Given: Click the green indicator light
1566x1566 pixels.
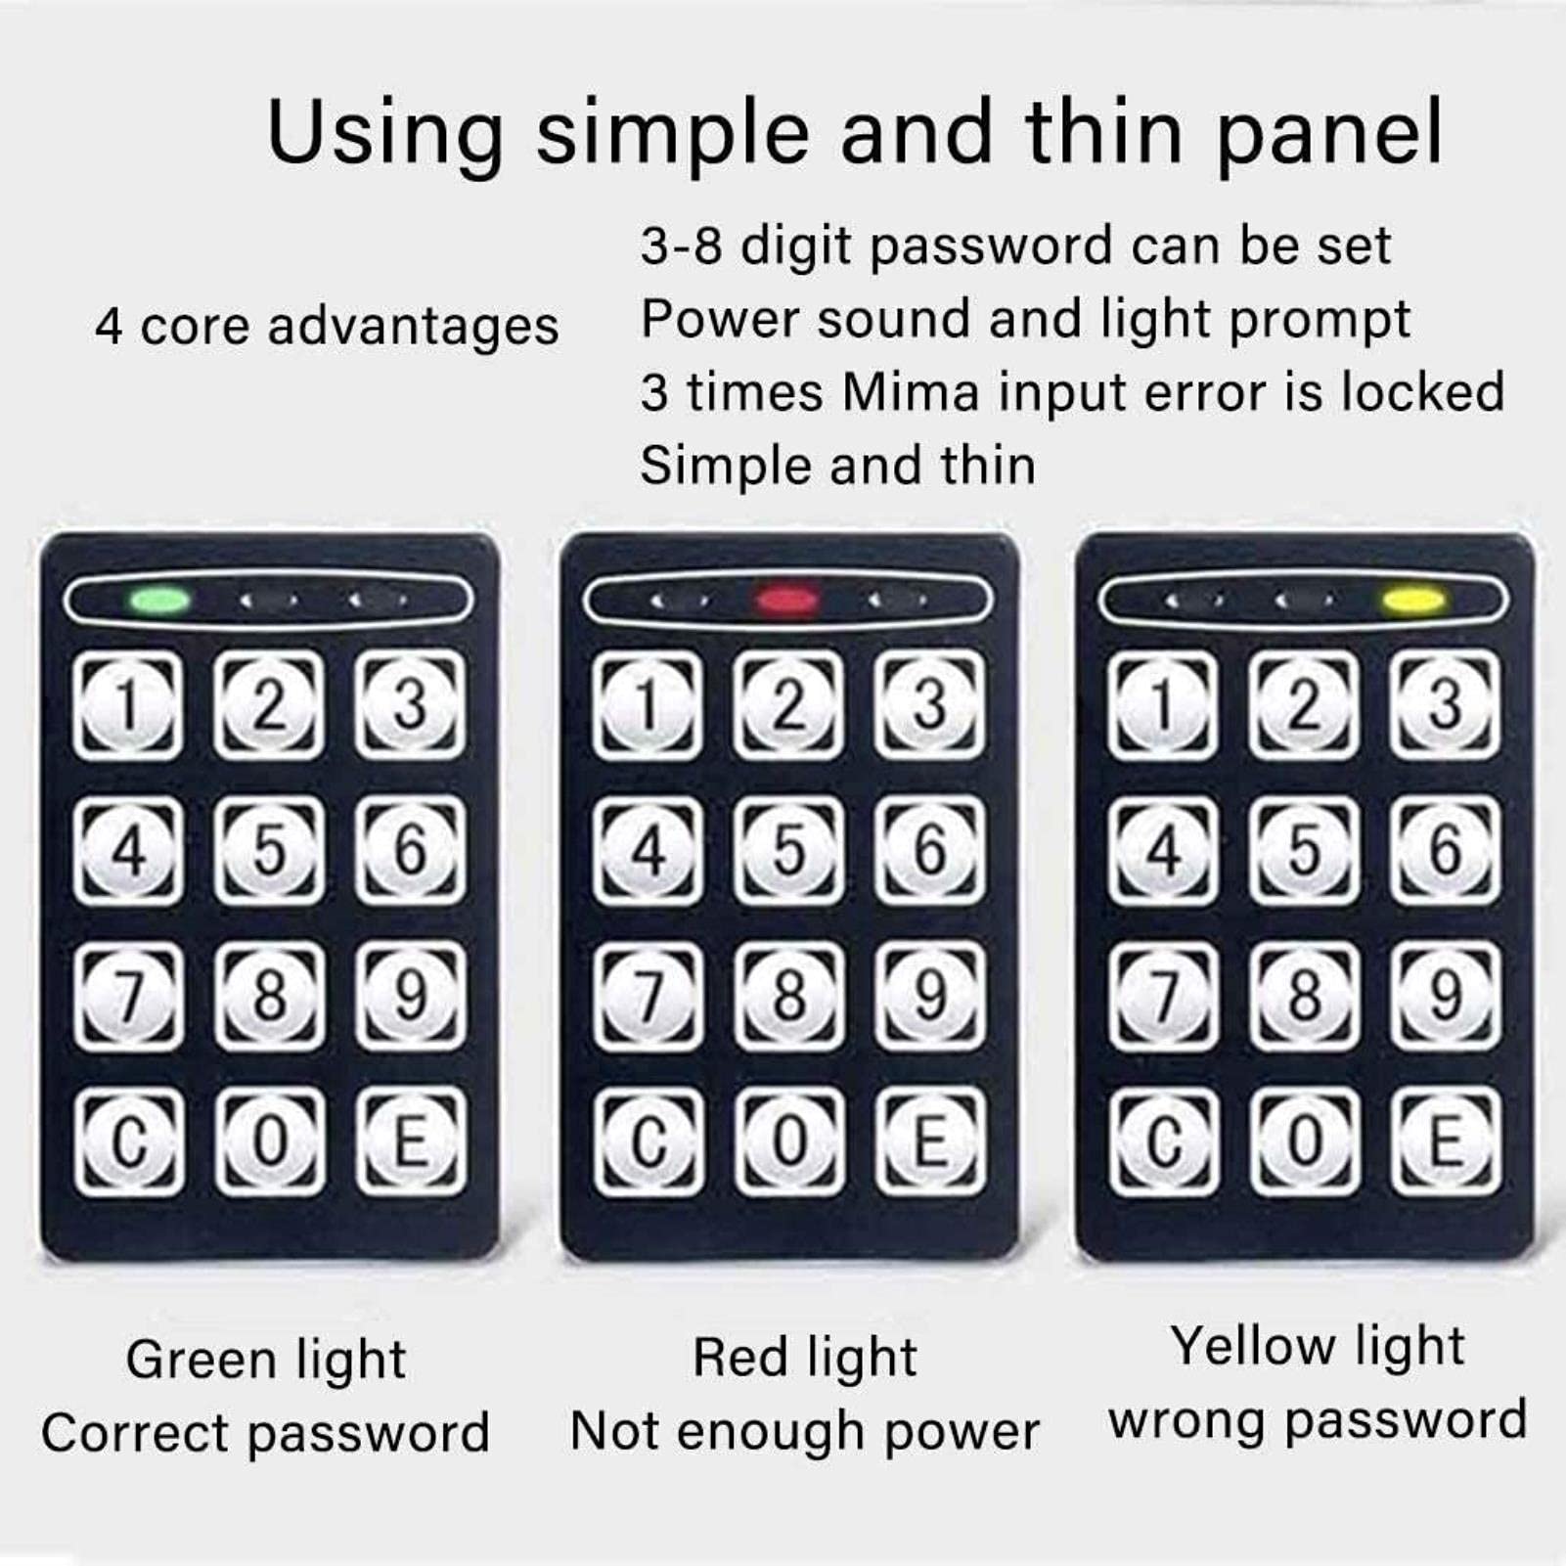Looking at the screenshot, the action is point(161,599).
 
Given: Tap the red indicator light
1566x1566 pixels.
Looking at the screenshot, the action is point(786,599).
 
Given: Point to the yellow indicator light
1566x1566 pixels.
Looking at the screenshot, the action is point(1414,599).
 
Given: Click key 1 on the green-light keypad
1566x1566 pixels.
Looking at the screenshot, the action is point(127,705).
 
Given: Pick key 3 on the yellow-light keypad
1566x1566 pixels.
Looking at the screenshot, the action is point(1445,704).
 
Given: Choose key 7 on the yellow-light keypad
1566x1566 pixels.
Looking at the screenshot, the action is point(1163,996).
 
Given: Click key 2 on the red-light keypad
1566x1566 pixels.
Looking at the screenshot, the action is point(788,704).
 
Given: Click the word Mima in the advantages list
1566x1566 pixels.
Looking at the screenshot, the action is point(911,392).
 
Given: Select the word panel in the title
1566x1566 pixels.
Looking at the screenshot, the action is point(1330,133).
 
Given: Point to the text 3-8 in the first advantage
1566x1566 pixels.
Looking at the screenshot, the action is point(682,245).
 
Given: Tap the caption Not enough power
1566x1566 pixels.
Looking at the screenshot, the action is point(804,1433).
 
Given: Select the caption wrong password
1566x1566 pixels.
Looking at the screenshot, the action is point(1318,1421).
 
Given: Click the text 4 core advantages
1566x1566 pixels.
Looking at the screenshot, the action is point(327,327).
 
